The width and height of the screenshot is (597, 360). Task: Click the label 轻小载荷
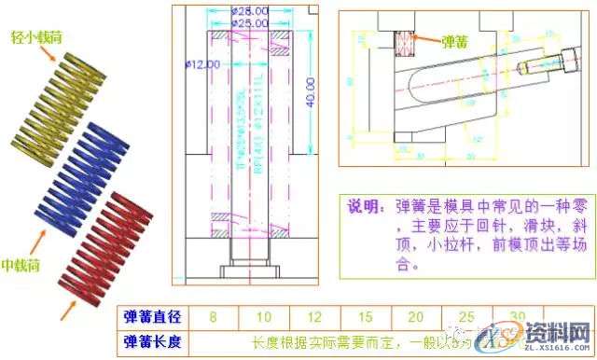[x=36, y=35]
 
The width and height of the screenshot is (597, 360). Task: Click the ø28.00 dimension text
[x=249, y=11]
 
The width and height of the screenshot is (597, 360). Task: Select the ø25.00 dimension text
[x=249, y=22]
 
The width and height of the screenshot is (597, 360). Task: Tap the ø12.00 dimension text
[x=202, y=65]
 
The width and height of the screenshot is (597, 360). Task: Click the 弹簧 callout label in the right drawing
[x=456, y=42]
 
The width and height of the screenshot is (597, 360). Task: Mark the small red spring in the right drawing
[x=405, y=43]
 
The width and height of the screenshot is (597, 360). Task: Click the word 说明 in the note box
[x=363, y=207]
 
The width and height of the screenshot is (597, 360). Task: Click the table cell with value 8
[x=213, y=317]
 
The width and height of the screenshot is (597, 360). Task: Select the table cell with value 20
[x=416, y=317]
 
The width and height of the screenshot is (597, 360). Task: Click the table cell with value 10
[x=264, y=317]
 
